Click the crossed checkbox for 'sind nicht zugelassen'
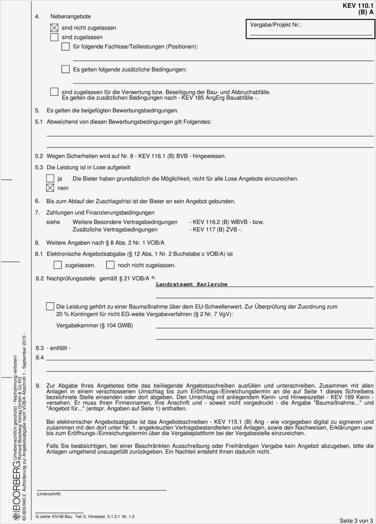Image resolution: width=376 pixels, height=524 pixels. [x=54, y=28]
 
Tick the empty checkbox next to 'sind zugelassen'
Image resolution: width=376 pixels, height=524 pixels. [x=54, y=37]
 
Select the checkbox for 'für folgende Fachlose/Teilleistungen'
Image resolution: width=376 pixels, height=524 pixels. [x=66, y=47]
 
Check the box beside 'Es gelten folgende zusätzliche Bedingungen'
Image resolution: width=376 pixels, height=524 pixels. [x=66, y=69]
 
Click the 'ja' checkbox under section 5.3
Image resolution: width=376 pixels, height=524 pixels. [x=50, y=179]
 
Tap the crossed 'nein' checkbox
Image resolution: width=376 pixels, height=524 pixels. [x=50, y=188]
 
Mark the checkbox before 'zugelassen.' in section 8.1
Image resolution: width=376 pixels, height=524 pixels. [x=58, y=265]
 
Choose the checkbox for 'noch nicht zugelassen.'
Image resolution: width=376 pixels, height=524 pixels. [x=110, y=265]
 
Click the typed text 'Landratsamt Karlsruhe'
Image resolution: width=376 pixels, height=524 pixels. [x=192, y=285]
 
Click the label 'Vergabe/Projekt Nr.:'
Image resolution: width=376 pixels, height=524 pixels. [x=276, y=25]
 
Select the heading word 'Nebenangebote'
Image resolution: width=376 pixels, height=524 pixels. [x=70, y=16]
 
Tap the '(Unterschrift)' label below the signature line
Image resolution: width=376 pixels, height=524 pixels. [x=49, y=494]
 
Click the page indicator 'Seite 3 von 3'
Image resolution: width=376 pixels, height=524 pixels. [x=356, y=520]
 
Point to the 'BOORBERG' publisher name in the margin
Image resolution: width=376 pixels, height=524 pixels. [x=16, y=486]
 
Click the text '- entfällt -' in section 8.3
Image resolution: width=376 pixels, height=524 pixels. [x=58, y=348]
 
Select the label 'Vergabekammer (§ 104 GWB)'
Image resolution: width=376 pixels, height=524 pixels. [x=94, y=325]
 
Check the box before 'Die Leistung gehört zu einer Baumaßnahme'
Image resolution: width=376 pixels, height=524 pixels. [x=50, y=306]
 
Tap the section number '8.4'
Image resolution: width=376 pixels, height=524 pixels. [x=40, y=357]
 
